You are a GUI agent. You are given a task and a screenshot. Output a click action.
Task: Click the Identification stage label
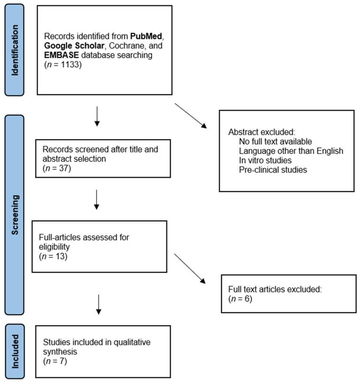[x=15, y=50]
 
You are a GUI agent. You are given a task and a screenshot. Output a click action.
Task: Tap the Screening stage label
[x=15, y=215]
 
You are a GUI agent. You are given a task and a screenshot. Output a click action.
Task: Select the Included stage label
[x=15, y=351]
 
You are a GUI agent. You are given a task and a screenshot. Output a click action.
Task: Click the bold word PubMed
[x=146, y=36]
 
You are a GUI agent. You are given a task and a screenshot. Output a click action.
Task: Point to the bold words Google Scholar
[x=74, y=46]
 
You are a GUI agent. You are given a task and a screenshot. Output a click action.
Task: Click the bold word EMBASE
[x=61, y=55]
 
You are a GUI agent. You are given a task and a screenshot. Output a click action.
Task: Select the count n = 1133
[x=63, y=65]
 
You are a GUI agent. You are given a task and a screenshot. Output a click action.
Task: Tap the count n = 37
[x=57, y=168]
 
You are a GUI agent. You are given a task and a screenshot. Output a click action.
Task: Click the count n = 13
[x=53, y=256]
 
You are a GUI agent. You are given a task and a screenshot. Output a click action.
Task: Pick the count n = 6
[x=240, y=298]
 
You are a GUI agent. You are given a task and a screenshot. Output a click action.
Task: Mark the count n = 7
[x=55, y=361]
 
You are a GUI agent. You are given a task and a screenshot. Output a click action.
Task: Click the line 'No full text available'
[x=276, y=141]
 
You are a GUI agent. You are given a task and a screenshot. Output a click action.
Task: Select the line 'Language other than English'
[x=291, y=151]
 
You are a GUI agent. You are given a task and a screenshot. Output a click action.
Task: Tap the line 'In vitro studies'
[x=265, y=160]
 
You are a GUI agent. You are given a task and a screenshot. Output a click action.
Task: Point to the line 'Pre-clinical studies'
[x=273, y=169]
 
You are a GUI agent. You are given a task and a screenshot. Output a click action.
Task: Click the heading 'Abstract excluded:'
[x=262, y=132]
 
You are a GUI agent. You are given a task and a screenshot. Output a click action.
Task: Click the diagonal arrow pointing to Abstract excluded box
[x=191, y=116]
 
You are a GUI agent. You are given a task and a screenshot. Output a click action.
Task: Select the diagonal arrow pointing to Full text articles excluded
[x=190, y=268]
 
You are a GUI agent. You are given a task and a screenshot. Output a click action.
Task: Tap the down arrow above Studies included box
[x=99, y=305]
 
